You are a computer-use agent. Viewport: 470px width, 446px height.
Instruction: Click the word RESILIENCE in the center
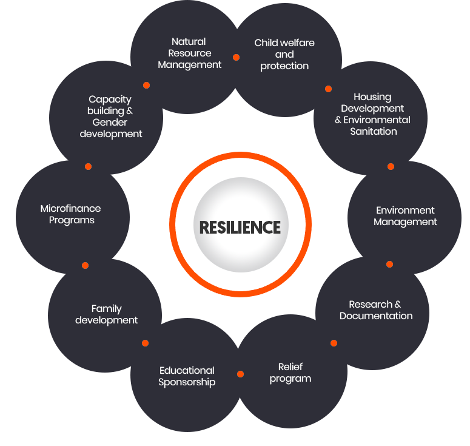[240, 227]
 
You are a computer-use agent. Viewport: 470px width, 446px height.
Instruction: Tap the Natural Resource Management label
[189, 53]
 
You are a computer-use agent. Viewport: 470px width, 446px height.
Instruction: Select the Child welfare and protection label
[284, 55]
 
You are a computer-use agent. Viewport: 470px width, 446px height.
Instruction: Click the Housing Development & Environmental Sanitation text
[372, 114]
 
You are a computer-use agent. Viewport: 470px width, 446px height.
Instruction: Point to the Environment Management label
[405, 216]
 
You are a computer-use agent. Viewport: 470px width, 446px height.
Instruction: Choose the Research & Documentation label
[376, 310]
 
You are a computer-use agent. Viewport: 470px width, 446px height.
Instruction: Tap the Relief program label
[290, 373]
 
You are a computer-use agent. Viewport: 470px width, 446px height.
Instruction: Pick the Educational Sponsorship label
[187, 376]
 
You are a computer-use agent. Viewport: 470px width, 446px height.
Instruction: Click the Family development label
[107, 314]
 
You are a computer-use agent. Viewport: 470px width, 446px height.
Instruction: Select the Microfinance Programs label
[71, 214]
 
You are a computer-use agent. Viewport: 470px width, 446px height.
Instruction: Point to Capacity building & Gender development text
[110, 117]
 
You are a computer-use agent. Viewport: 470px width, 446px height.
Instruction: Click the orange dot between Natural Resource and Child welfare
[236, 58]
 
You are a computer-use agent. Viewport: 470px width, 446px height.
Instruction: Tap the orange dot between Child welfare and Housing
[328, 89]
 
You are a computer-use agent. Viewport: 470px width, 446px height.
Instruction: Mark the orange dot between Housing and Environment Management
[391, 166]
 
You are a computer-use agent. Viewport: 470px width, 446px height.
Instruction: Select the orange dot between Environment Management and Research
[389, 264]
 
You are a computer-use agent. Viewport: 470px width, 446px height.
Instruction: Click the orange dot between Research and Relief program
[334, 343]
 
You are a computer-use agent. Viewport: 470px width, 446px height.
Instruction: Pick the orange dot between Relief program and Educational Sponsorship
[240, 374]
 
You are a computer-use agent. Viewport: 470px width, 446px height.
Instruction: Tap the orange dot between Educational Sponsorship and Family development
[145, 343]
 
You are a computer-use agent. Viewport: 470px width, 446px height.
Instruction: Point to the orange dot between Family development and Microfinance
[85, 265]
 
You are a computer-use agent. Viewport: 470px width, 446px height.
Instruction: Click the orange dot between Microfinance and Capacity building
[88, 166]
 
